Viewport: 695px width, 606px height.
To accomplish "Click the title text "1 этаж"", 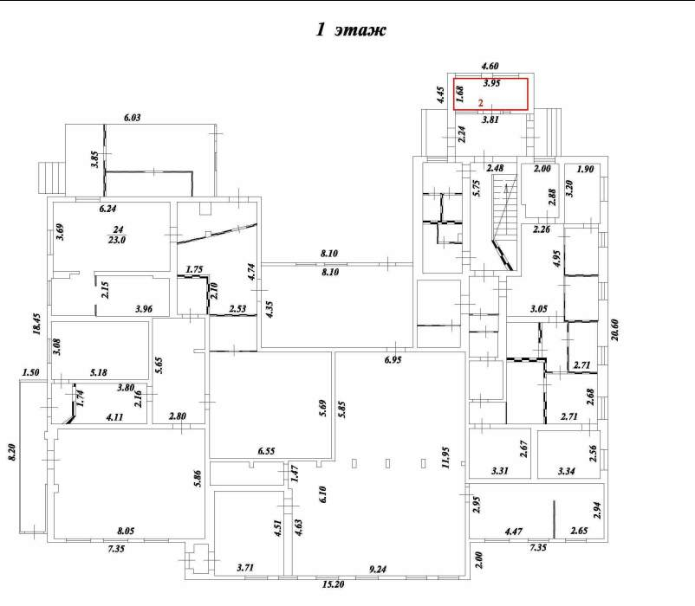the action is coord(351,29).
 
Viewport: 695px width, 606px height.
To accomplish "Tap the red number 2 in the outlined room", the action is coord(480,103).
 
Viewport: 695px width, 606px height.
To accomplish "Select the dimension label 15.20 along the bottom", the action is coord(334,584).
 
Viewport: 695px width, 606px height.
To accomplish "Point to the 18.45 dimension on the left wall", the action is coord(36,324).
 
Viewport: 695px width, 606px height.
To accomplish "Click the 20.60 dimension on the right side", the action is coord(614,330).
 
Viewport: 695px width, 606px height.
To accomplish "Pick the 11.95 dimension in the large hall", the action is coord(445,457).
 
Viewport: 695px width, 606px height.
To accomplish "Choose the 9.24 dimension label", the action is coord(378,570).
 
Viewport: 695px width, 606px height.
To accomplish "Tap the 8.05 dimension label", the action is coord(126,531).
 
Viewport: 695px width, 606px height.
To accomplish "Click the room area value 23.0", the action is coord(117,240).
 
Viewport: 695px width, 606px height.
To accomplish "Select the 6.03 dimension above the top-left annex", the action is coord(132,118).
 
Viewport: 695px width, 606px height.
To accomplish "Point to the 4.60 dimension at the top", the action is coord(490,66).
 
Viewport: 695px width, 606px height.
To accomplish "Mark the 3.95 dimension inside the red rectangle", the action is coord(491,83).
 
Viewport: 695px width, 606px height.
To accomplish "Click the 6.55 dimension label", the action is coord(266,451).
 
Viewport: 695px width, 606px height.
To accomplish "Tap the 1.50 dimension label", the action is coord(30,372).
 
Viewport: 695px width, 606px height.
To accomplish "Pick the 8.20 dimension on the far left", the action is coord(12,452).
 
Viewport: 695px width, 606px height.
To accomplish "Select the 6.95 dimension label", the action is coord(393,359).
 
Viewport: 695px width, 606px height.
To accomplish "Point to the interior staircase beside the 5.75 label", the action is coord(504,222).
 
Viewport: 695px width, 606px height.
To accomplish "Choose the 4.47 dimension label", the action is coord(513,532).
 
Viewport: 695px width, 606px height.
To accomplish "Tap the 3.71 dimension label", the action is coord(245,568).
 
